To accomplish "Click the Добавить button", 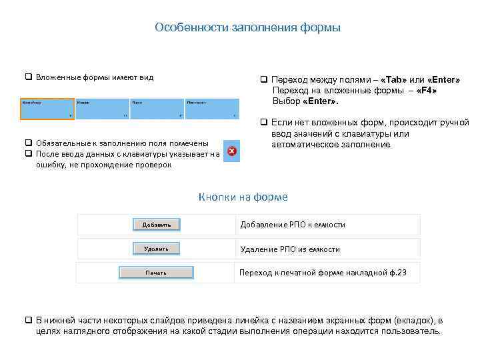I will coord(157,225).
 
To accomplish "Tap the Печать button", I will coord(156,273).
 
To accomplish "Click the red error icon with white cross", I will coord(231,152).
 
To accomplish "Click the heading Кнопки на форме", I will coord(243,197).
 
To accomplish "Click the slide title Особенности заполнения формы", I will coord(247,27).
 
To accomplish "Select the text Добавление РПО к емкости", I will coord(293,225).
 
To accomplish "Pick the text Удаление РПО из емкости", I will coord(290,249).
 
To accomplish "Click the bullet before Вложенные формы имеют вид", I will coord(29,77).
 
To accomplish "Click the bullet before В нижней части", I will coord(29,321).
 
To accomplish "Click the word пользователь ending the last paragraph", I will coord(412,331).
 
